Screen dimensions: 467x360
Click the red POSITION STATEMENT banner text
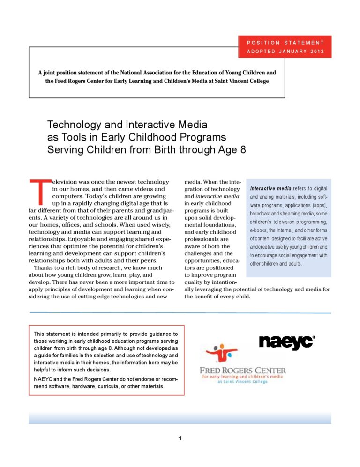[285, 43]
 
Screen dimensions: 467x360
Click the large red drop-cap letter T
[39, 193]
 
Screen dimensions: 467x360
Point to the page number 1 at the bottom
[180, 438]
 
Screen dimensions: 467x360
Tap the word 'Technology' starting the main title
[75, 125]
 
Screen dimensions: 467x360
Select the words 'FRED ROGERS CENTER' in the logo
[242, 370]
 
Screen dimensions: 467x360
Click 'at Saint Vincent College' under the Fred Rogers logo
[242, 382]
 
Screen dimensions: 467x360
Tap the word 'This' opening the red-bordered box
[40, 333]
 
